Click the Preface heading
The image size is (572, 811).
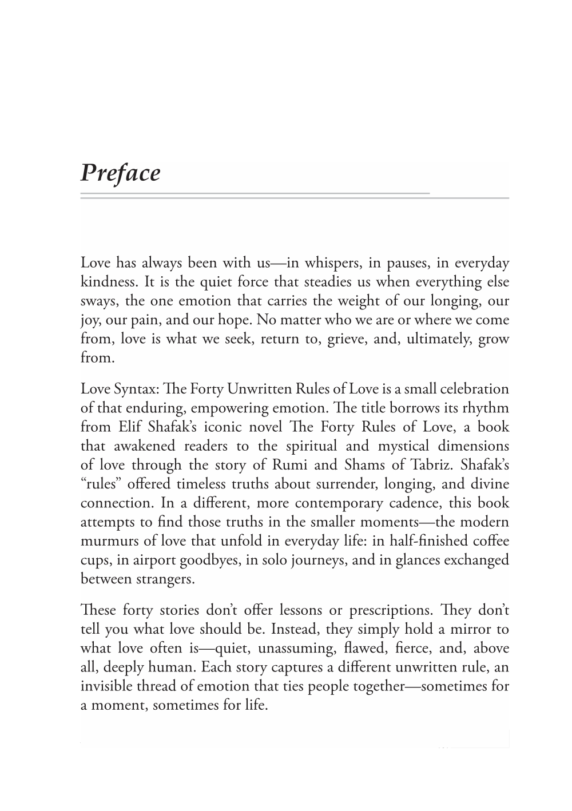click(120, 173)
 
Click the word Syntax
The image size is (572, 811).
click(136, 389)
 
